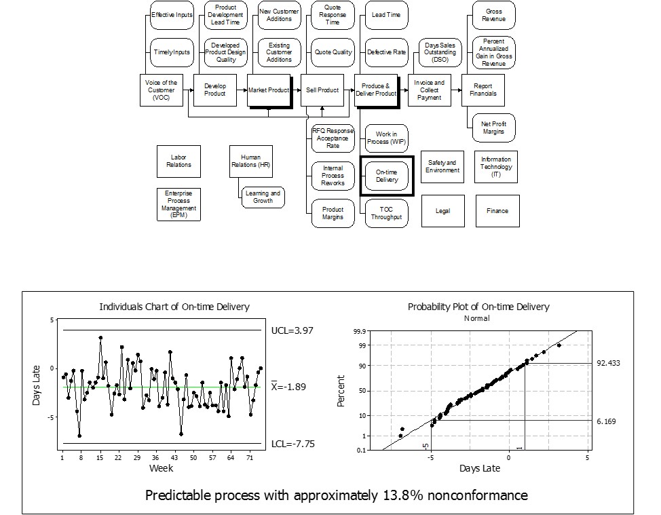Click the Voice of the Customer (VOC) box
(x=161, y=90)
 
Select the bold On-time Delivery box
(x=387, y=176)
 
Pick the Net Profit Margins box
(x=493, y=128)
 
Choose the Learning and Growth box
(x=263, y=197)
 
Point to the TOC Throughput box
(x=387, y=214)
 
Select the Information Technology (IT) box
(x=496, y=167)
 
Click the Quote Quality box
(x=333, y=52)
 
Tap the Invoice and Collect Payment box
(x=429, y=90)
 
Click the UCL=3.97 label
(x=290, y=330)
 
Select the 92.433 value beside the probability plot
(x=609, y=363)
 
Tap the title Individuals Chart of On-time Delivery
(x=174, y=307)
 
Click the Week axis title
(x=162, y=468)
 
